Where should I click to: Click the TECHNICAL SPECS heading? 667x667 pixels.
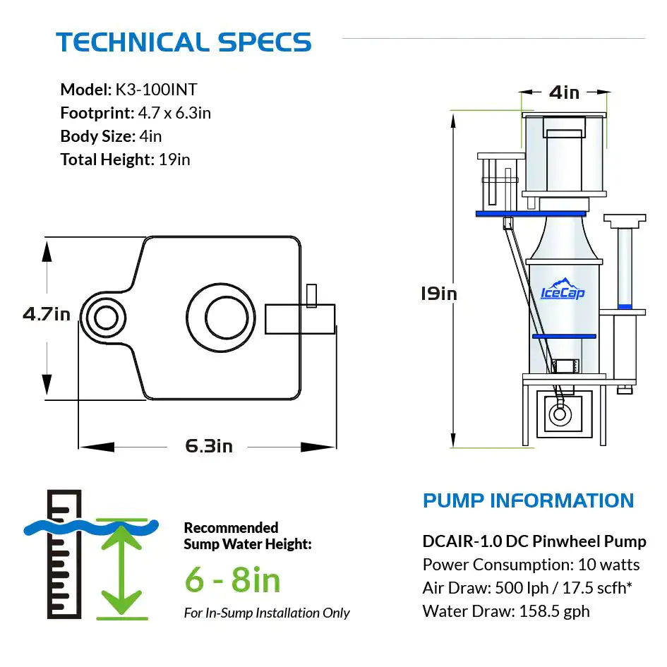[184, 42]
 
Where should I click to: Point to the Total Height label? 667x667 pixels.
[107, 160]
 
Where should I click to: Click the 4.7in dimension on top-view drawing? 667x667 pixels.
[47, 313]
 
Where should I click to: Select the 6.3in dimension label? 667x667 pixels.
[209, 446]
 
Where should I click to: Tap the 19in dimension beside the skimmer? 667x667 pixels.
[438, 292]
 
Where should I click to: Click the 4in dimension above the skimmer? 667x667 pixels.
[564, 92]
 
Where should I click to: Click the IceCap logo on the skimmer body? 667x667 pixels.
[563, 290]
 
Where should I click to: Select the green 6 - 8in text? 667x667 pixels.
[232, 580]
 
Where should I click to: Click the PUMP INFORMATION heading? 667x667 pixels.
[528, 500]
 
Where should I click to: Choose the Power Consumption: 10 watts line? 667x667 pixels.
[531, 565]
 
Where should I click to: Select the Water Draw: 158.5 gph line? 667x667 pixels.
[506, 611]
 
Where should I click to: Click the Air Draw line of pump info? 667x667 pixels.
[534, 588]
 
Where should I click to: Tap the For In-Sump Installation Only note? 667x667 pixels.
[267, 613]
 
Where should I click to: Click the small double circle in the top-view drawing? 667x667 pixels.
[105, 318]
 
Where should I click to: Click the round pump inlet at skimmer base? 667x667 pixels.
[560, 415]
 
